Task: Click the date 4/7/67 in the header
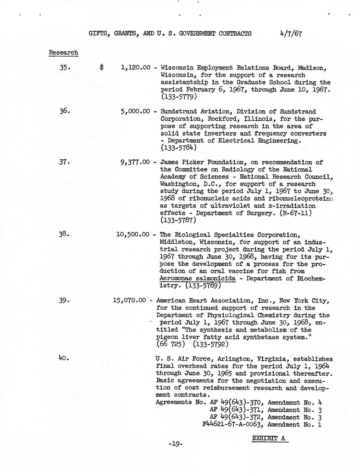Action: click(x=291, y=33)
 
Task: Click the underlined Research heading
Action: click(x=63, y=53)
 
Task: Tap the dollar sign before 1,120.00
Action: click(x=101, y=68)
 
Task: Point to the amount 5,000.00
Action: click(x=135, y=111)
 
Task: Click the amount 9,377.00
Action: click(x=135, y=162)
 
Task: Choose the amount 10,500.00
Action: click(x=133, y=235)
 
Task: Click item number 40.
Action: click(x=64, y=358)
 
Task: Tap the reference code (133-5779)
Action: click(x=178, y=97)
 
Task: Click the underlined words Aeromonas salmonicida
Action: click(x=197, y=278)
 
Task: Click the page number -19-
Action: click(x=176, y=444)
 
